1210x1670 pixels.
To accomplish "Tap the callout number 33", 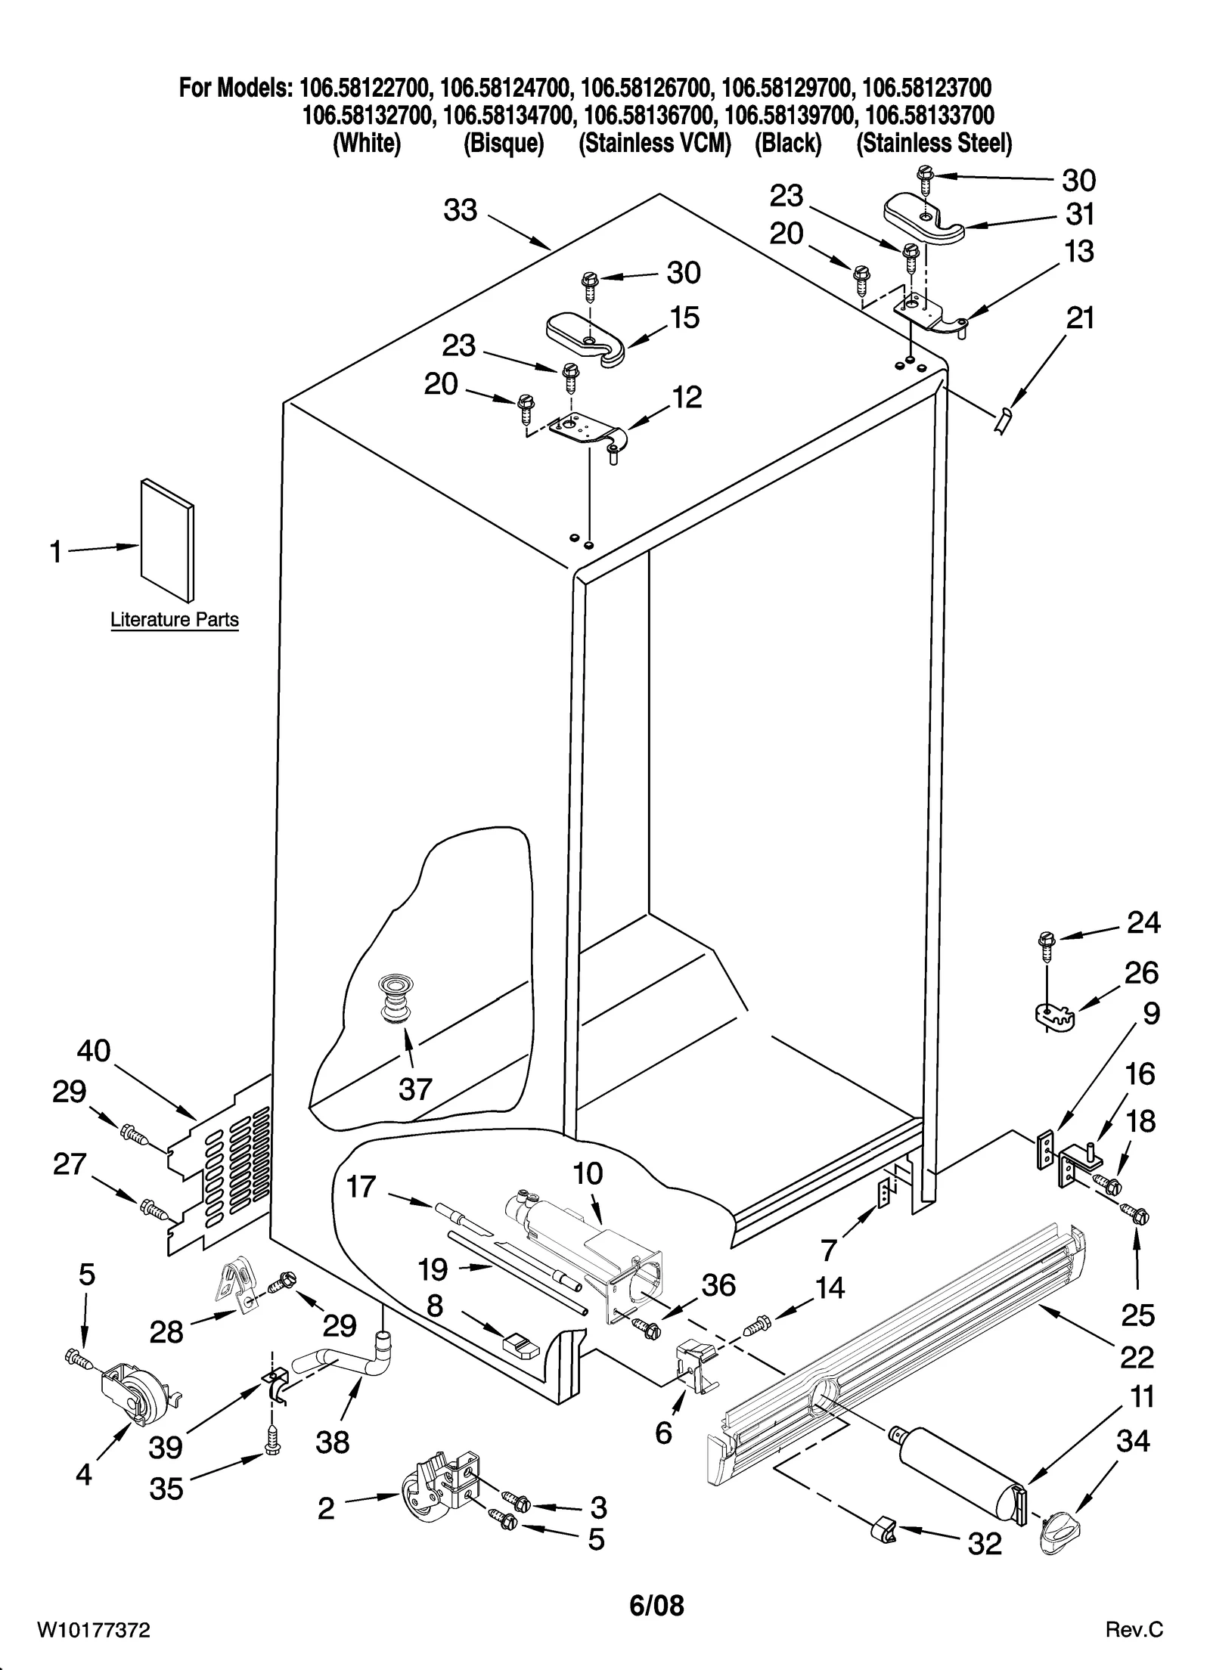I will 461,209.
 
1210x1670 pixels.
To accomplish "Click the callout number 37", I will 414,1089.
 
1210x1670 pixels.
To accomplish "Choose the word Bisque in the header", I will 504,143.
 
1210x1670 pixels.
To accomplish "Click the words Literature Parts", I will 175,620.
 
